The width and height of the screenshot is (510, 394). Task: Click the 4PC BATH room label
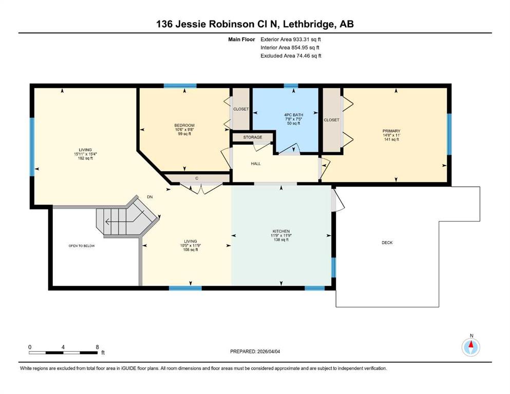293,115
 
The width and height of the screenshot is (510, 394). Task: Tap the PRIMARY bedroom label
391,131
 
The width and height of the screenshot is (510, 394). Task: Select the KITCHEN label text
281,231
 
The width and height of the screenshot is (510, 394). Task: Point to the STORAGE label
253,137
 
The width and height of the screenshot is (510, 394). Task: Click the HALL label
256,164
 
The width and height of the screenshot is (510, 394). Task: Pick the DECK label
387,243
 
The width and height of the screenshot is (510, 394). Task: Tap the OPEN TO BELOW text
82,246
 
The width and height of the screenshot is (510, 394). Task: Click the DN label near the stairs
149,197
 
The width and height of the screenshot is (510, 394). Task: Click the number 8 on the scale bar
97,347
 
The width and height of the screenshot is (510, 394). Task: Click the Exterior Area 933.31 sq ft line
291,40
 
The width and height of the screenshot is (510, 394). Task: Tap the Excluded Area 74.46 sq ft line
291,56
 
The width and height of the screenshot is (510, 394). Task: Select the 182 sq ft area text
85,159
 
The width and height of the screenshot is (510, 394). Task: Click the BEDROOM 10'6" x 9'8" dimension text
184,130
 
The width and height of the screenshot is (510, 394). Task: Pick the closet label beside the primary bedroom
331,120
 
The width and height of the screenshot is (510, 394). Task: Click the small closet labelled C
197,179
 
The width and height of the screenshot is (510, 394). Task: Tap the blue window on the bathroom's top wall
291,86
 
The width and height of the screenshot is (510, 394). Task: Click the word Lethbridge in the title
310,24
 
